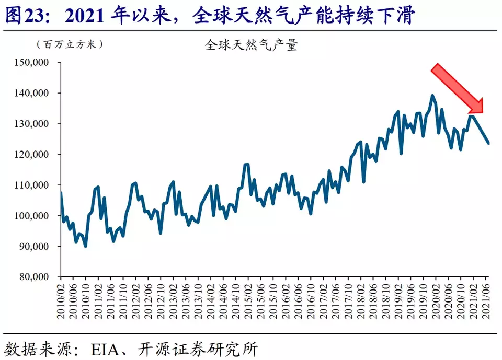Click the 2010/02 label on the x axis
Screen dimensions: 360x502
click(x=61, y=300)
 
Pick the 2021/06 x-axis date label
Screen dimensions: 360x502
click(x=487, y=300)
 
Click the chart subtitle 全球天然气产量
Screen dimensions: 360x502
click(x=251, y=45)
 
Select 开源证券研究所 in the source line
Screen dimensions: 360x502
click(x=197, y=349)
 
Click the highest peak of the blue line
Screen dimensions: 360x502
click(x=432, y=95)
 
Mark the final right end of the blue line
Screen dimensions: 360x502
click(x=489, y=143)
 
